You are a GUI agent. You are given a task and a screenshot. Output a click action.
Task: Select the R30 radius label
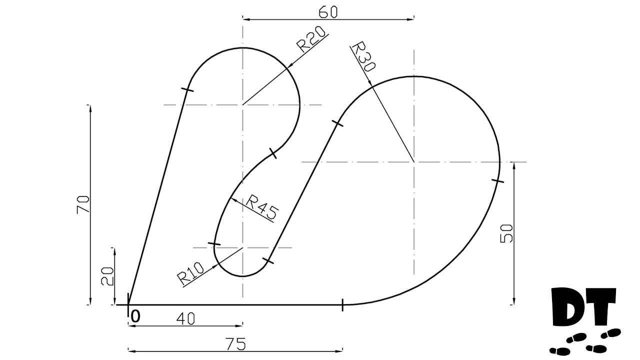tap(362, 57)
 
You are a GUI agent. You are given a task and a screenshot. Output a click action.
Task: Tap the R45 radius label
tap(261, 207)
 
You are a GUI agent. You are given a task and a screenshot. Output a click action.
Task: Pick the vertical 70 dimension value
tap(83, 204)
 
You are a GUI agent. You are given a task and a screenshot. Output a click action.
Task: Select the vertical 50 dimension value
tap(507, 233)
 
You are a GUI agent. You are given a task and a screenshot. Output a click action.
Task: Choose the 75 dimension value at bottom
tap(235, 343)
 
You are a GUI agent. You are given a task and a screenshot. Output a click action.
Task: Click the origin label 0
tap(135, 316)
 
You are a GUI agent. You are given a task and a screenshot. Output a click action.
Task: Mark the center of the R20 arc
tap(242, 104)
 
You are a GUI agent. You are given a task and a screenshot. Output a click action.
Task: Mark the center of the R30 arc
tap(414, 161)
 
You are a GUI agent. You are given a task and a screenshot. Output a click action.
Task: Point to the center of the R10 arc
tap(242, 247)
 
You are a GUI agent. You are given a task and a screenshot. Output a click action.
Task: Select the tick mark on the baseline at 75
tap(342, 304)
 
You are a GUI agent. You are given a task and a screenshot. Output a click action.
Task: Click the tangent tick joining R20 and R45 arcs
tap(272, 152)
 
